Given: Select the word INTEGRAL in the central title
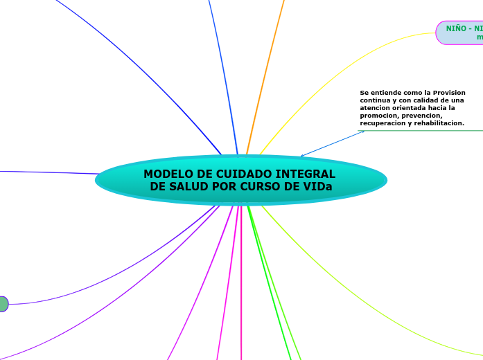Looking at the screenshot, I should click(x=306, y=174).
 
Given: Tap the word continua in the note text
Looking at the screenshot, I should click(x=376, y=100).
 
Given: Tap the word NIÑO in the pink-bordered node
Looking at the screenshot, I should click(x=455, y=28).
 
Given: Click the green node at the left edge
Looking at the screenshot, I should click(x=3, y=304).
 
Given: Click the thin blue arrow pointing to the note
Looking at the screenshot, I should click(x=333, y=143).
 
